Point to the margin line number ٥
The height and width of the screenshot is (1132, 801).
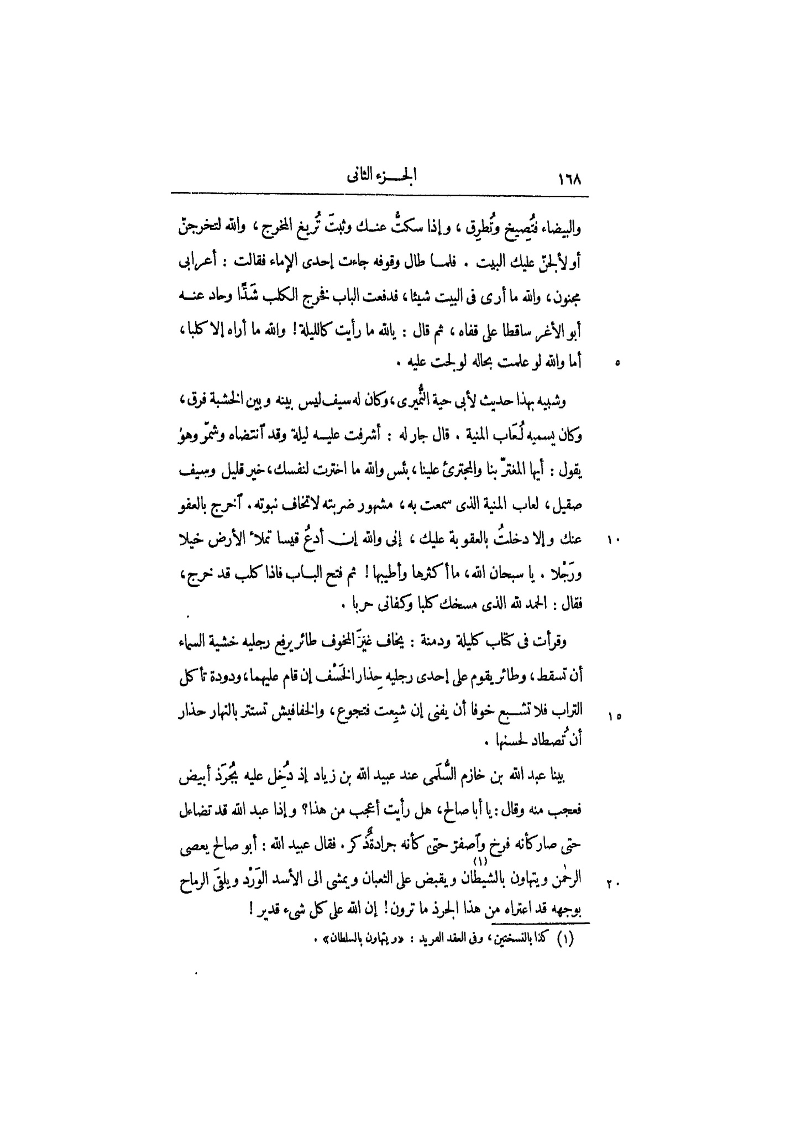pyautogui.click(x=617, y=363)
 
